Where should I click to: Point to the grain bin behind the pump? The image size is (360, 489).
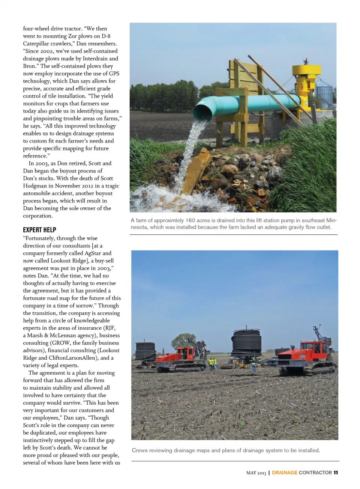324,95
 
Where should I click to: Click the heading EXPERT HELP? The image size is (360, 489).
39,230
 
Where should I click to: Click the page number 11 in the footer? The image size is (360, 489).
336,472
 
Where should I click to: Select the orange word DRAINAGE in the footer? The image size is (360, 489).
285,472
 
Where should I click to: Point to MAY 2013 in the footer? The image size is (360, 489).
256,473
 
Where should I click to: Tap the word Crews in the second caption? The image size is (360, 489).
139,450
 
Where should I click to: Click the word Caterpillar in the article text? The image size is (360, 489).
37,43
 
